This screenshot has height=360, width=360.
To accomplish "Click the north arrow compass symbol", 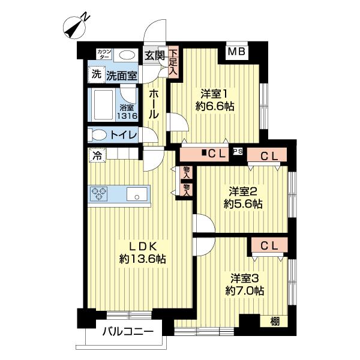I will (x=74, y=25).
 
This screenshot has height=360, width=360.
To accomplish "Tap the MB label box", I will (x=236, y=52).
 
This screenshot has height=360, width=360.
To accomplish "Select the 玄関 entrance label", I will (x=154, y=55).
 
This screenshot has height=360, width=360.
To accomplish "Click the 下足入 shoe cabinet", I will (x=173, y=62).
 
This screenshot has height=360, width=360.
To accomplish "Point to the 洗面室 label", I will (x=122, y=76).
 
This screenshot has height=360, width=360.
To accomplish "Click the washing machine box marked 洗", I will (x=96, y=75).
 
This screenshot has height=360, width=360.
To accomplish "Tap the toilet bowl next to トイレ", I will (x=98, y=135).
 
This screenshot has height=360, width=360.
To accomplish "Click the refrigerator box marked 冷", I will (x=96, y=155).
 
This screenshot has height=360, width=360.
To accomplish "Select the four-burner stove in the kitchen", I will (x=98, y=193).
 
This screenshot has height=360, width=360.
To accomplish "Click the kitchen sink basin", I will (x=138, y=194).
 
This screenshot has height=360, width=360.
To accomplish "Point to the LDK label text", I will (x=142, y=246).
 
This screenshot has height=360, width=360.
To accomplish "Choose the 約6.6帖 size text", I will (x=214, y=106).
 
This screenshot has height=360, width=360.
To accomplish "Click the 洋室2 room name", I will (x=244, y=192).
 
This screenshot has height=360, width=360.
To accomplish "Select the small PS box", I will (x=238, y=152).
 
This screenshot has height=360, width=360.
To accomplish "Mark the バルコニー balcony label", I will (x=127, y=331).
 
